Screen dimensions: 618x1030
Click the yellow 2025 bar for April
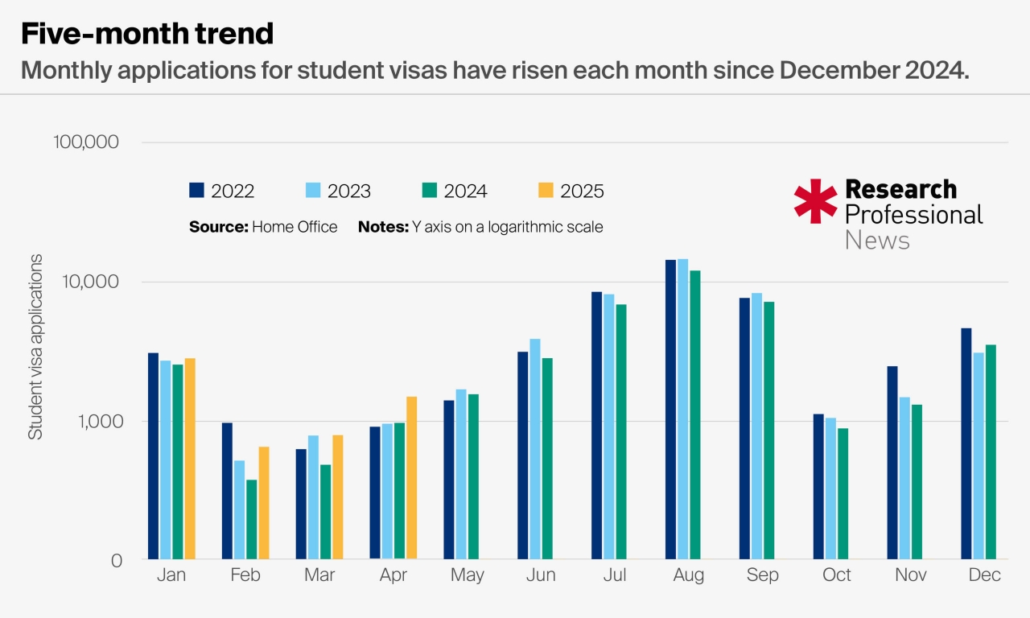pyautogui.click(x=412, y=478)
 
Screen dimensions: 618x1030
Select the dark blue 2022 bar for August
pyautogui.click(x=670, y=410)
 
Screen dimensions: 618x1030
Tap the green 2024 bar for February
pyautogui.click(x=252, y=519)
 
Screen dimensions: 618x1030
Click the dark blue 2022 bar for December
pyautogui.click(x=966, y=443)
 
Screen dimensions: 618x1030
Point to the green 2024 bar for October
pyautogui.click(x=843, y=493)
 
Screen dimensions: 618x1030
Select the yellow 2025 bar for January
pyautogui.click(x=190, y=459)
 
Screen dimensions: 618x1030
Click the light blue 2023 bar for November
pyautogui.click(x=904, y=478)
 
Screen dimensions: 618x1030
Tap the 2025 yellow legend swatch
pyautogui.click(x=545, y=191)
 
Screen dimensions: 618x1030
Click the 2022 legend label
pyautogui.click(x=233, y=192)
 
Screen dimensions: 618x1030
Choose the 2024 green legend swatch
pyautogui.click(x=428, y=191)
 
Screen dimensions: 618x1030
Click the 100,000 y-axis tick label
pyautogui.click(x=86, y=142)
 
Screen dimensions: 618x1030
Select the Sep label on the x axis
pyautogui.click(x=763, y=575)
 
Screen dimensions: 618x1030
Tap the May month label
pyautogui.click(x=468, y=575)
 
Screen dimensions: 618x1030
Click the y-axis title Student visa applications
pyautogui.click(x=35, y=348)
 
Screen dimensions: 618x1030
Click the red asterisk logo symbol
pyautogui.click(x=815, y=201)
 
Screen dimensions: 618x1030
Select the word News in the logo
pyautogui.click(x=877, y=240)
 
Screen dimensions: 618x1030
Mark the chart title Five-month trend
pyautogui.click(x=147, y=34)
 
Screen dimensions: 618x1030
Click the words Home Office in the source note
pyautogui.click(x=295, y=227)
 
